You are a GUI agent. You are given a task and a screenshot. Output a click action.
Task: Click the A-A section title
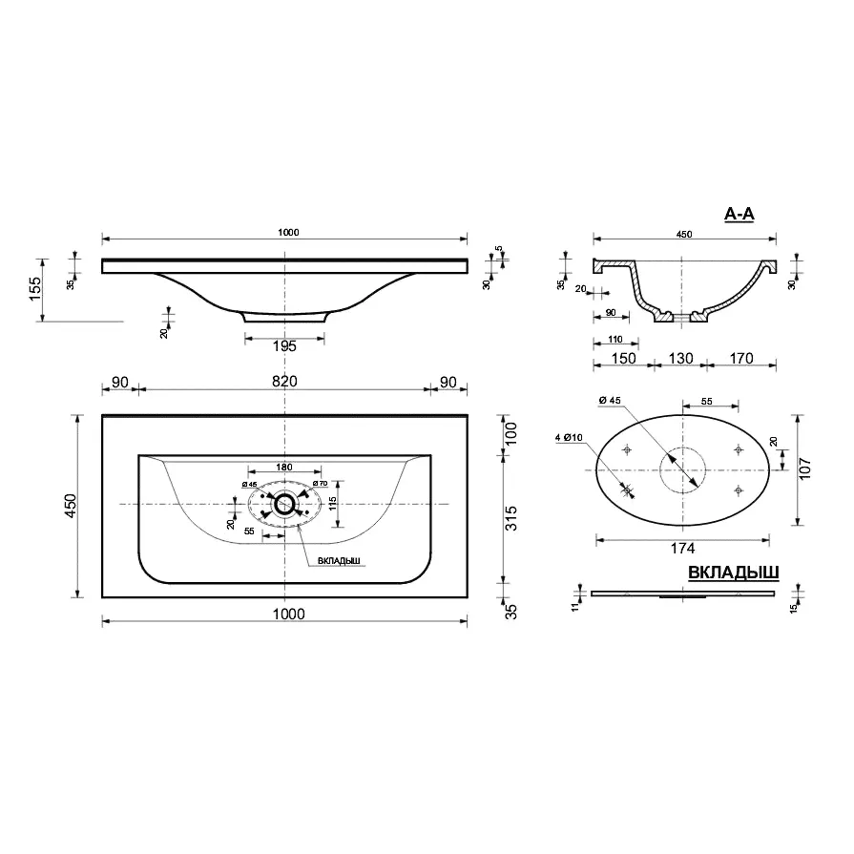click(739, 214)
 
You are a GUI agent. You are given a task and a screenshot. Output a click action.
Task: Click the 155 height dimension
click(34, 290)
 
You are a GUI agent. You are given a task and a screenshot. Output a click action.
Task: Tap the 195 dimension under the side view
click(284, 346)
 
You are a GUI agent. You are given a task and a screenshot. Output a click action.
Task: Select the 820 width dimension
click(284, 382)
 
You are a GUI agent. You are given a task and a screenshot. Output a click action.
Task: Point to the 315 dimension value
click(510, 518)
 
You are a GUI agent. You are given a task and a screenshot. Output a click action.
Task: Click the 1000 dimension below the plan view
click(289, 614)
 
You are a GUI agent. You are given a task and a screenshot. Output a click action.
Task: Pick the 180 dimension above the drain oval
click(284, 467)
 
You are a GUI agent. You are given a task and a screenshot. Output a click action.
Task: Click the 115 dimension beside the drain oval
click(332, 504)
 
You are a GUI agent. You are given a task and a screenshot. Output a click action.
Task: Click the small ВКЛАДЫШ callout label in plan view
click(339, 561)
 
